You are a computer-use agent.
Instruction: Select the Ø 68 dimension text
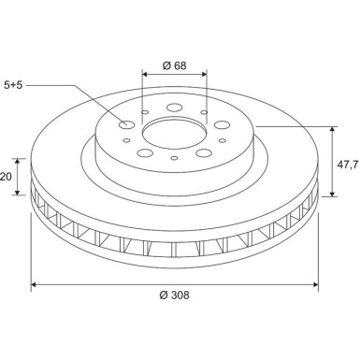173,65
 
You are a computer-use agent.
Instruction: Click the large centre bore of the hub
173,134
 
